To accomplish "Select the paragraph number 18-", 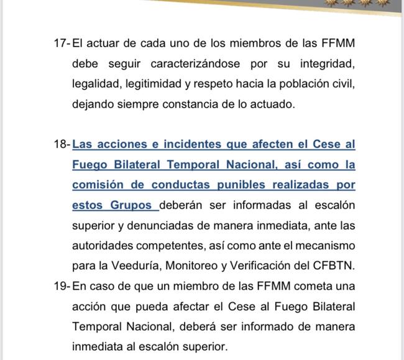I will click(x=63, y=144).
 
